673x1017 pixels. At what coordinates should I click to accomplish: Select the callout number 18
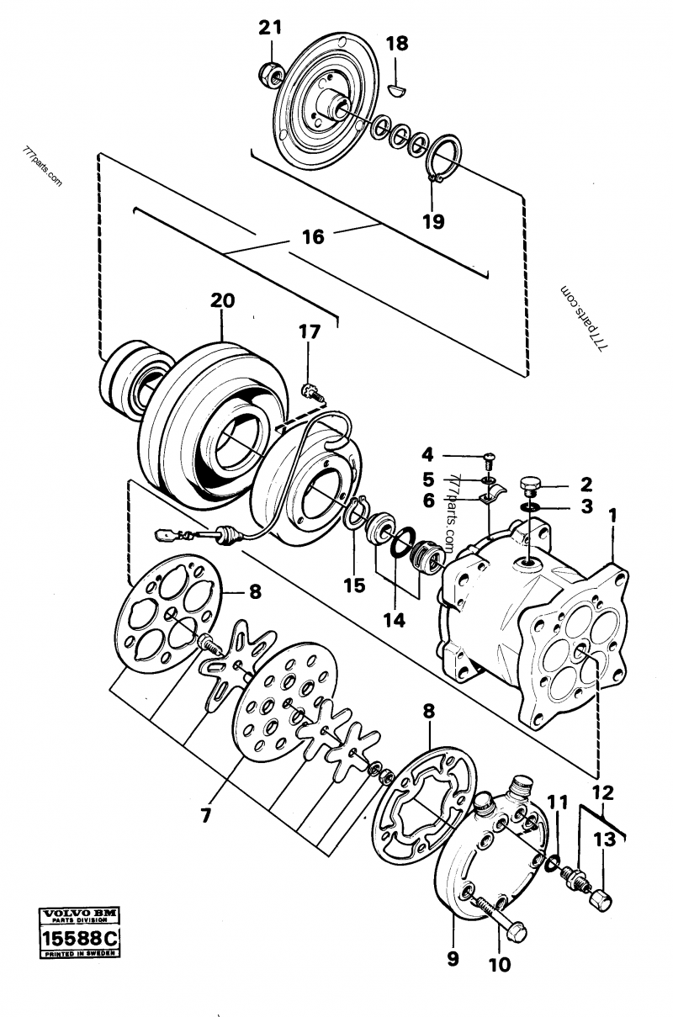[397, 44]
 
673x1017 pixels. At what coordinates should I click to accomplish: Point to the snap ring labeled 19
[441, 157]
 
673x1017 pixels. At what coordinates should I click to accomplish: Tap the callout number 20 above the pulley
[224, 300]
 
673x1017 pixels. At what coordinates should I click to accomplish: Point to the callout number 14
[394, 620]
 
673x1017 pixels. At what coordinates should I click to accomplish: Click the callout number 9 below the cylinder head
[453, 958]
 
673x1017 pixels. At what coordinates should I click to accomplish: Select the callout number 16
[313, 237]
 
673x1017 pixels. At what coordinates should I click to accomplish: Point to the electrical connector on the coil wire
[167, 533]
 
